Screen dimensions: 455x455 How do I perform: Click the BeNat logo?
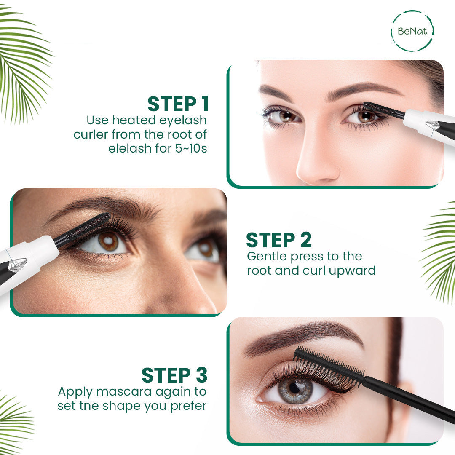[412, 31]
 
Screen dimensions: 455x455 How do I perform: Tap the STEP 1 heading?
[178, 104]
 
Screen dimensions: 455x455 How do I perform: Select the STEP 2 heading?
[279, 240]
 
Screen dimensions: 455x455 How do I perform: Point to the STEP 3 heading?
[174, 375]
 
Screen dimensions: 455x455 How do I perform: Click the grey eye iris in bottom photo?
[294, 387]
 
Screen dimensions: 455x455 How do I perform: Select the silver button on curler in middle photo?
[18, 265]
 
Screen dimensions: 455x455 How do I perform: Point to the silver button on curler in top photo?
[433, 125]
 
